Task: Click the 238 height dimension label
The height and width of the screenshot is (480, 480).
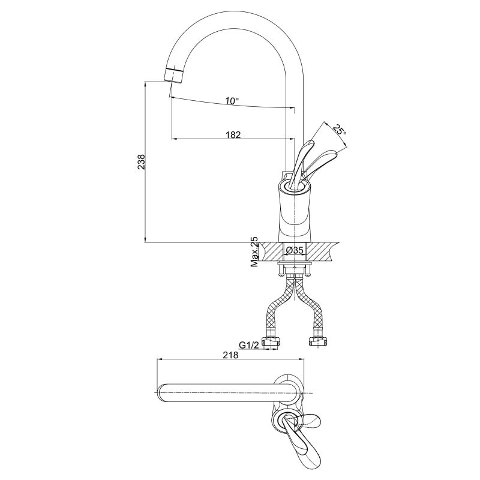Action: click(142, 161)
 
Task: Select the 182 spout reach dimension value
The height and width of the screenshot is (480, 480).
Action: click(233, 134)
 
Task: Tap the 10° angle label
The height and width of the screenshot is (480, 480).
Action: click(232, 100)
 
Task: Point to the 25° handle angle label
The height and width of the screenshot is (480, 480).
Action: click(340, 130)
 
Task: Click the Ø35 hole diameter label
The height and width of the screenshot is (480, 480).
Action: click(294, 251)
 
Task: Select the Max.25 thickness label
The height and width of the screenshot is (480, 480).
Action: click(254, 251)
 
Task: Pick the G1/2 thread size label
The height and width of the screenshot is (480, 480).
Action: click(249, 345)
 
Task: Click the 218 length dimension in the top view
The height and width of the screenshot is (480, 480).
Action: click(230, 355)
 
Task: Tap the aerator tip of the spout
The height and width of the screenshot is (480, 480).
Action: click(174, 74)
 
